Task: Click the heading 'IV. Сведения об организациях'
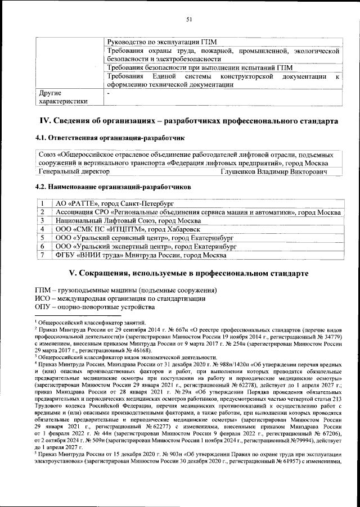tap(188, 121)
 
